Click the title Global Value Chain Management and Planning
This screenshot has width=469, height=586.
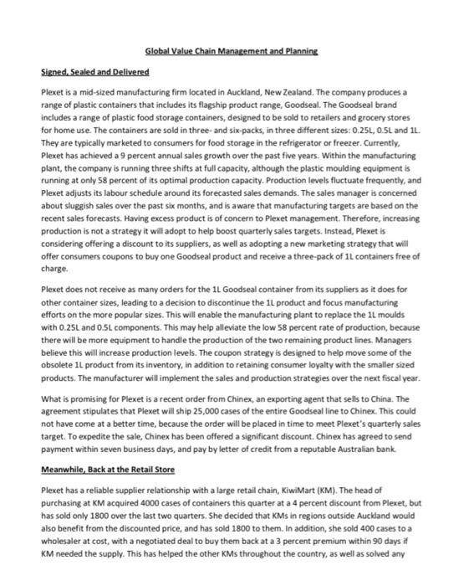pos(233,51)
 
